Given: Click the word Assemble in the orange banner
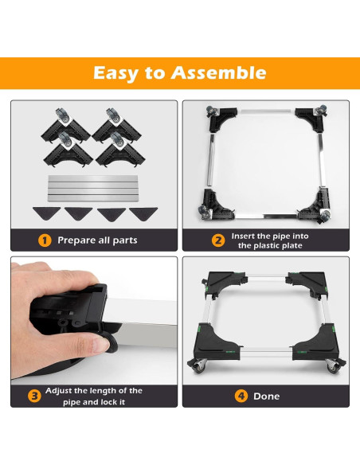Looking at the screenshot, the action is (218, 73).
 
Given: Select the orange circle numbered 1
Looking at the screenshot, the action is (45, 240).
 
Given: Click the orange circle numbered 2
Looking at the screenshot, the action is (218, 240).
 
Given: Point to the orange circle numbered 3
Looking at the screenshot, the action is (34, 396).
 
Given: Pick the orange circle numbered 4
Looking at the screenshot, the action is (241, 396).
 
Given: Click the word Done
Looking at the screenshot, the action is (266, 397).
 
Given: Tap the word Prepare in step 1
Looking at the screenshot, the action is (76, 240).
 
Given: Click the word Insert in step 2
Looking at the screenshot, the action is (243, 236).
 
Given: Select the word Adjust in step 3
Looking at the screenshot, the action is (58, 391).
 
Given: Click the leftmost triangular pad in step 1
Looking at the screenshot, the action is (46, 213).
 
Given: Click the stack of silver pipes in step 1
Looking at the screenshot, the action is (93, 189).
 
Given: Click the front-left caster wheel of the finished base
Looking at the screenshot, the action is (198, 365).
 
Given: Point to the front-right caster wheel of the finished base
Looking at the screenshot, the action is (334, 365).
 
